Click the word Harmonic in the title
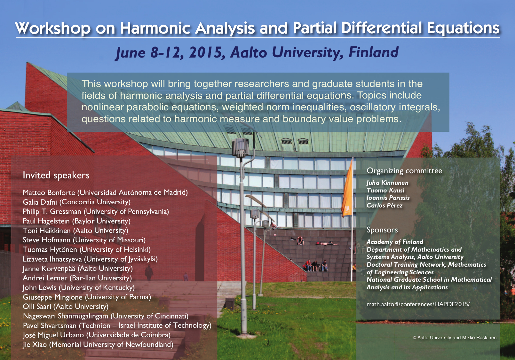tap(155, 28)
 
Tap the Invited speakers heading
tap(56, 176)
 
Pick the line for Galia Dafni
tap(76, 202)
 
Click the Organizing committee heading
tap(404, 171)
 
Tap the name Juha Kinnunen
tap(387, 183)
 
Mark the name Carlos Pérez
tap(384, 205)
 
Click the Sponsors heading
tap(382, 230)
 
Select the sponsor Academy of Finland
tap(395, 242)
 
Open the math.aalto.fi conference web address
tap(418, 304)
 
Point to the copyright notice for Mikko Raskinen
tap(454, 338)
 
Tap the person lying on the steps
tap(327, 243)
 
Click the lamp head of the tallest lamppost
tap(240, 148)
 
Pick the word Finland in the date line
tap(374, 52)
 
